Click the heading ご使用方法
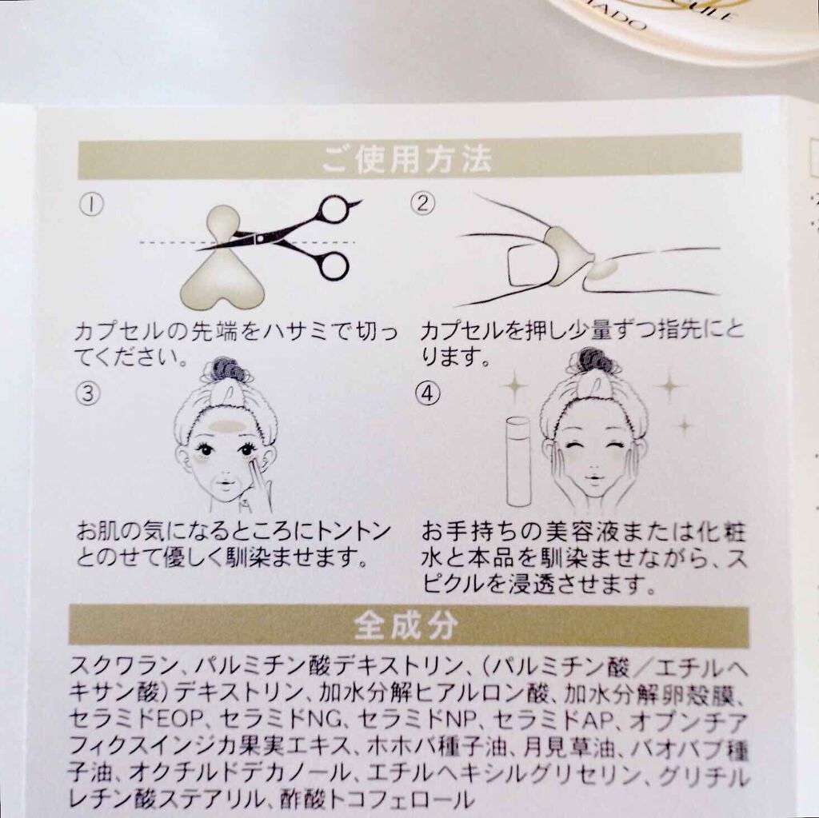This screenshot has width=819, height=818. point(407,159)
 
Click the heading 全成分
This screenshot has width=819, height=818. point(406,625)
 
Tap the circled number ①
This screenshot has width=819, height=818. point(91,204)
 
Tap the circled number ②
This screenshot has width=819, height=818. point(422,202)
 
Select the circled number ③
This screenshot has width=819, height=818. point(88,393)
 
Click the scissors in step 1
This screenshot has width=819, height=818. point(279,237)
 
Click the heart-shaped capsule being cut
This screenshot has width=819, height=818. point(223,260)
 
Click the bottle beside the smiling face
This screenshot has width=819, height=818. point(518,461)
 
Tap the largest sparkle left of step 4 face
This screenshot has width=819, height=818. point(515,386)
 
